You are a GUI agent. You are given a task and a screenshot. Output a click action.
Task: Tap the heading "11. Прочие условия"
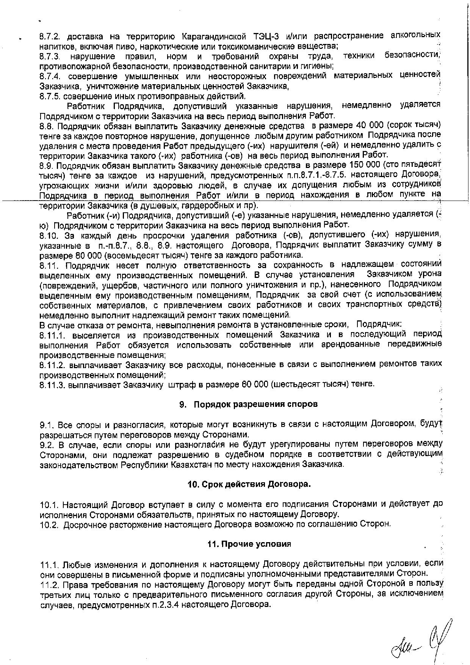point(249,544)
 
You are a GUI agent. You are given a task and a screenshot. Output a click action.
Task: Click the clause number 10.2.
point(50,524)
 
